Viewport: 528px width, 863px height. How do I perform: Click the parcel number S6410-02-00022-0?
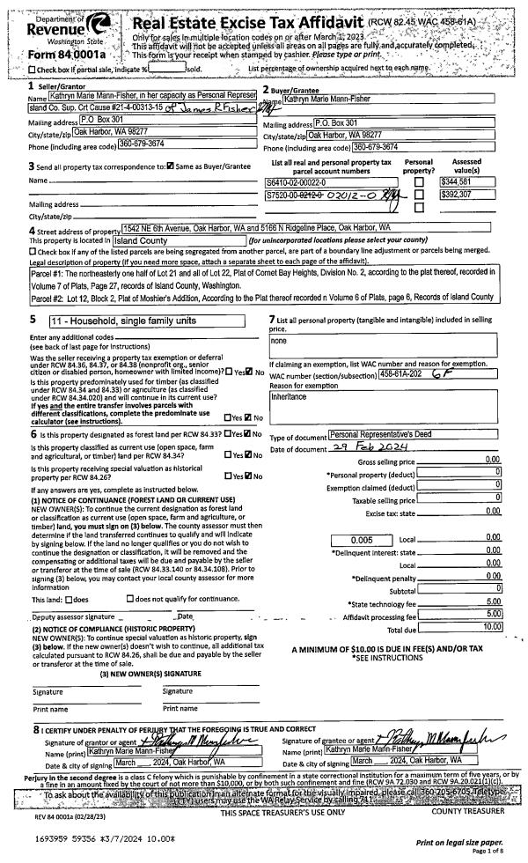point(303,181)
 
